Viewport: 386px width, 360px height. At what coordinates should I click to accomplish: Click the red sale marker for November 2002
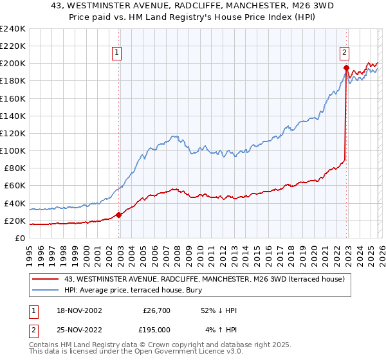pos(119,215)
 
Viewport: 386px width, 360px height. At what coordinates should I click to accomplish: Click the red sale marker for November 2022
pos(346,67)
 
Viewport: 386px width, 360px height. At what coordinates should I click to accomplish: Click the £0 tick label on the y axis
pos(20,239)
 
